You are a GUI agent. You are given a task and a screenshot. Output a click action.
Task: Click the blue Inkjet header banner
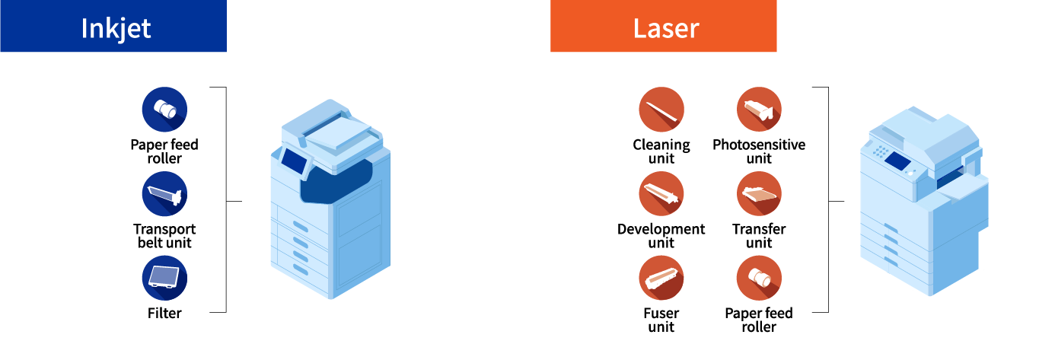pyautogui.click(x=113, y=26)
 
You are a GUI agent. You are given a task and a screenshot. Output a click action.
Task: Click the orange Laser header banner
pyautogui.click(x=663, y=26)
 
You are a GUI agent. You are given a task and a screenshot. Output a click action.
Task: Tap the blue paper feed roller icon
pyautogui.click(x=164, y=110)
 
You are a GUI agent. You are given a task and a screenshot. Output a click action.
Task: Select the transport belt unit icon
pyautogui.click(x=164, y=194)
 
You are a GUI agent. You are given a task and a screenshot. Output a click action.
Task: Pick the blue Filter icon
pyautogui.click(x=164, y=278)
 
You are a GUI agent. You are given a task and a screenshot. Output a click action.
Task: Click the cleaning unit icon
pyautogui.click(x=661, y=110)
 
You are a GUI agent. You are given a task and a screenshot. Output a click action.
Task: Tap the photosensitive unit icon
pyautogui.click(x=759, y=110)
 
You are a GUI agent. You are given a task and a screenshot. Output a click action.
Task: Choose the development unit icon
pyautogui.click(x=661, y=194)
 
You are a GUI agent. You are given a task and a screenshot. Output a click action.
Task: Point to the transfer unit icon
pyautogui.click(x=759, y=194)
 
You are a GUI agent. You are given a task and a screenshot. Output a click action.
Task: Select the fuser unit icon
pyautogui.click(x=661, y=278)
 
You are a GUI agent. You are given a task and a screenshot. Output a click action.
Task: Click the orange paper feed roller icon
pyautogui.click(x=759, y=278)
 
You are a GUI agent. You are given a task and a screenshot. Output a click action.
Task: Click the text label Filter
pyautogui.click(x=164, y=313)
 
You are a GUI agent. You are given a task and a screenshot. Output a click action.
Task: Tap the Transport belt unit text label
pyautogui.click(x=164, y=236)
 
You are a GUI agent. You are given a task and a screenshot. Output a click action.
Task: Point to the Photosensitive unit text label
pyautogui.click(x=759, y=151)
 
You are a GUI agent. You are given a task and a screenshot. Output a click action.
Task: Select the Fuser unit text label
pyautogui.click(x=661, y=320)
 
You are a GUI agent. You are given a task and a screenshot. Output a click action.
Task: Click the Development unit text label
pyautogui.click(x=661, y=236)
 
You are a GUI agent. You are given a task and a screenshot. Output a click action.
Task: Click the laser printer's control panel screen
pyautogui.click(x=898, y=161)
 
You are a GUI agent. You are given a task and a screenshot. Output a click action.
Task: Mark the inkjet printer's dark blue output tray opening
pyautogui.click(x=339, y=186)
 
